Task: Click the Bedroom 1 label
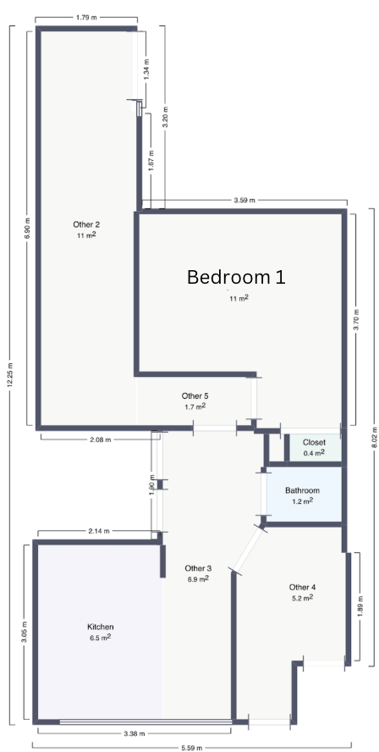tap(236, 277)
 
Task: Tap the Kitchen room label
tap(100, 627)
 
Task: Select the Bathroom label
tap(302, 490)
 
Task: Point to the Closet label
tap(314, 442)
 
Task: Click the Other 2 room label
tap(87, 224)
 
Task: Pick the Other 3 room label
tap(198, 568)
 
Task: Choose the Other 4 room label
tap(302, 587)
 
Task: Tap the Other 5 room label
tap(195, 396)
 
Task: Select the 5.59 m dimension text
tap(192, 748)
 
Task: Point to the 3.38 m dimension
tap(135, 733)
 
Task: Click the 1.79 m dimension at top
tap(86, 18)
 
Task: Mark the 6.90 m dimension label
tap(27, 229)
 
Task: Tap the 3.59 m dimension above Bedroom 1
tap(244, 200)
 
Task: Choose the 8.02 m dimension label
tap(375, 437)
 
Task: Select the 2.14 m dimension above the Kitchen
tap(99, 531)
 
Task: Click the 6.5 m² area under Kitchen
tap(100, 638)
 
